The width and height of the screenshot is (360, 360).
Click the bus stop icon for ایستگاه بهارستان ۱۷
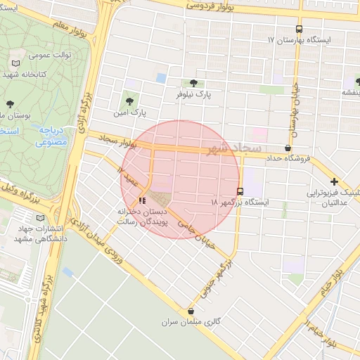[300, 30]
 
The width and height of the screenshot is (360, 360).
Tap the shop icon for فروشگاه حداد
[288, 148]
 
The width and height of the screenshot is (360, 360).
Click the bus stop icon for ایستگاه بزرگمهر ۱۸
[240, 191]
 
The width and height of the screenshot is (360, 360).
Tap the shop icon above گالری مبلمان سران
[191, 311]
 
